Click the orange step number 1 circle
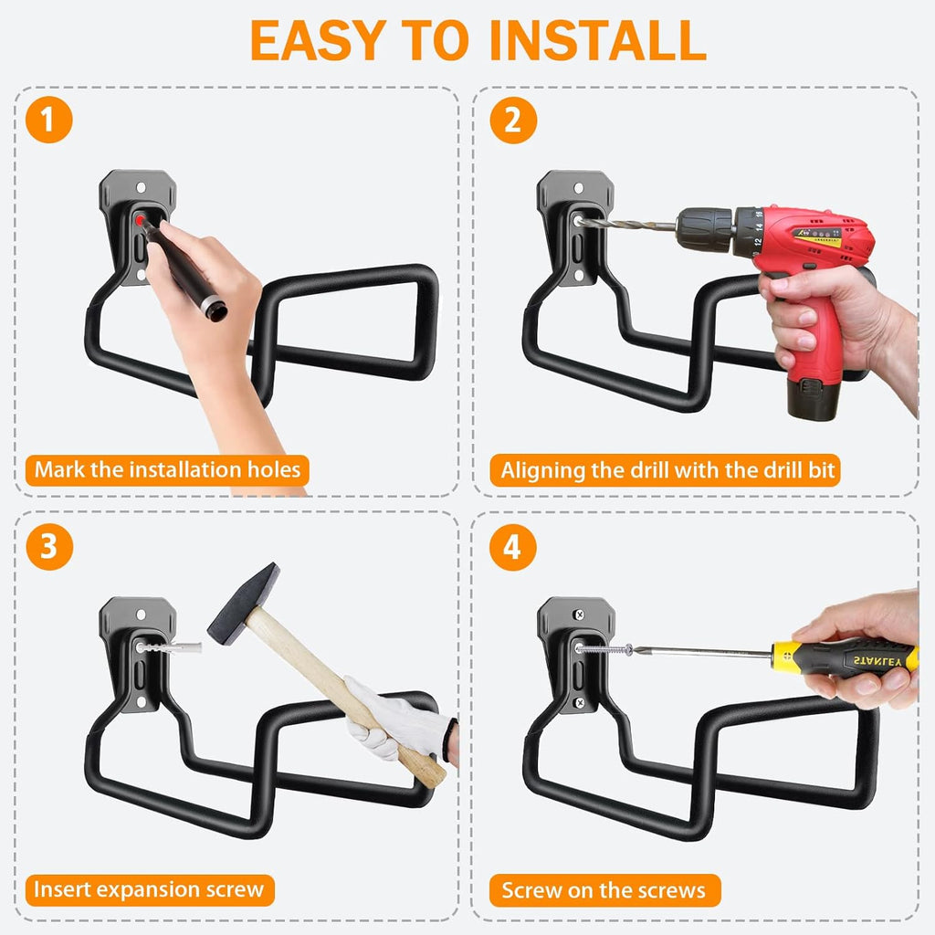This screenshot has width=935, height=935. (x=48, y=120)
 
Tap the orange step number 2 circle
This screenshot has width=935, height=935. (x=512, y=120)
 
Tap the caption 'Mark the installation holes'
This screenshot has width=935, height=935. (x=167, y=470)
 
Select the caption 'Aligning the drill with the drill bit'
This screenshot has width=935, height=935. (x=667, y=470)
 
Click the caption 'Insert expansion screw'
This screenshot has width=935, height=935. (x=149, y=888)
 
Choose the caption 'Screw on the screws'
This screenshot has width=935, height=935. (x=604, y=890)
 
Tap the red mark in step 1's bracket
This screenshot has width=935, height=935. (x=141, y=221)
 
